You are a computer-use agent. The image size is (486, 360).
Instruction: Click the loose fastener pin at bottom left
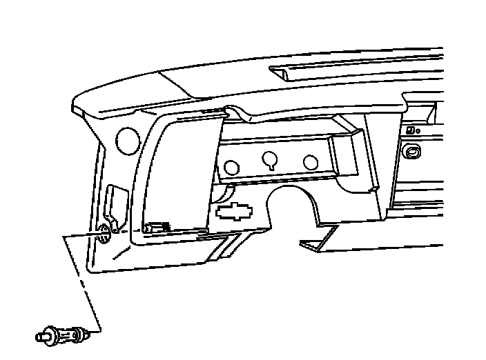pos(63,336)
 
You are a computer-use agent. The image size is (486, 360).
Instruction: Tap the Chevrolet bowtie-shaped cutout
pos(234,211)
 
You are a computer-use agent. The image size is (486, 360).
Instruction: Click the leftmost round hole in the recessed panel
pos(232,166)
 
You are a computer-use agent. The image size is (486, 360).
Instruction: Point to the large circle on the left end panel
pos(127,140)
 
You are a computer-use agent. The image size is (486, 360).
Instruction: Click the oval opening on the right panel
pos(413,152)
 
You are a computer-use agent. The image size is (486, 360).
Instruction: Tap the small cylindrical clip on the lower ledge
pos(158,227)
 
